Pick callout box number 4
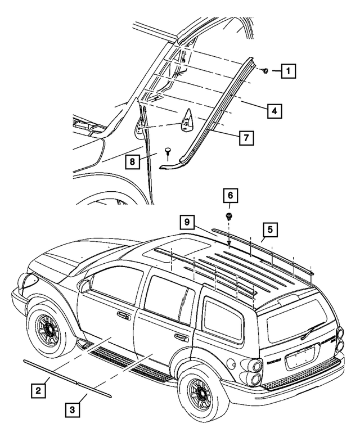click(x=273, y=111)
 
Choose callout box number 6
click(x=229, y=196)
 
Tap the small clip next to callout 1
click(x=265, y=71)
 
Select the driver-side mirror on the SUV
click(x=85, y=286)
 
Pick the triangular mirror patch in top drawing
click(x=186, y=120)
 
